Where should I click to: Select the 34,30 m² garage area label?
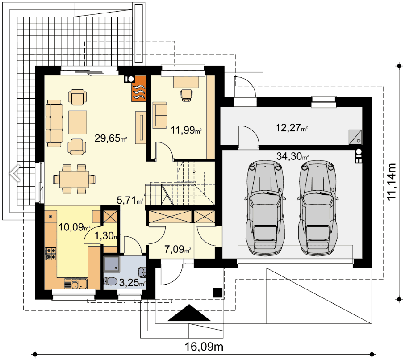click(293, 157)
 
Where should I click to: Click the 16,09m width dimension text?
click(204, 347)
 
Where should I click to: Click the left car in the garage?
click(266, 207)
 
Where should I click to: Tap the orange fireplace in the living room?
click(138, 88)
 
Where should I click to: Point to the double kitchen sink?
click(74, 283)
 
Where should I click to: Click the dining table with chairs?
click(74, 179)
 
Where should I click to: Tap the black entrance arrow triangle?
click(190, 314)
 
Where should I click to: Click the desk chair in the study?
click(186, 94)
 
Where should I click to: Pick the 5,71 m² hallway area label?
click(130, 201)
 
